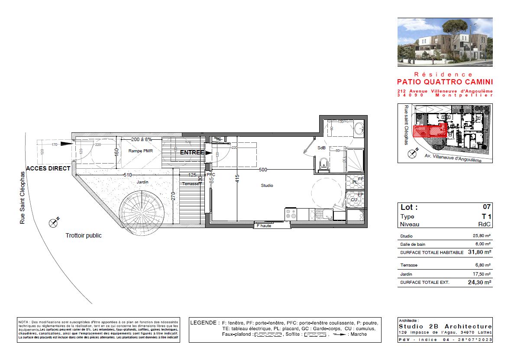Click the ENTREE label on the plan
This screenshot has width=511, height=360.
click(x=192, y=152)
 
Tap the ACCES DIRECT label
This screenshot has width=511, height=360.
click(x=49, y=168)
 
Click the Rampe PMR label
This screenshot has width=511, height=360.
click(x=139, y=151)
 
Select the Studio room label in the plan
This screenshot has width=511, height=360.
click(x=267, y=185)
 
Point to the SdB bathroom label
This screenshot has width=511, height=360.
click(x=321, y=148)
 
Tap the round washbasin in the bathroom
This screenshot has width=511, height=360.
click(x=359, y=128)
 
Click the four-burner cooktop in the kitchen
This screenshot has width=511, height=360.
click(x=290, y=214)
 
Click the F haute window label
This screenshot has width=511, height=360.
click(x=264, y=225)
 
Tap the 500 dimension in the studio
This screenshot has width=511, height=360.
click(x=263, y=170)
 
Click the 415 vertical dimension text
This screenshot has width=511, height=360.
click(x=237, y=179)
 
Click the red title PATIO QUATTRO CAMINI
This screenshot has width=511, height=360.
click(x=445, y=82)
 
